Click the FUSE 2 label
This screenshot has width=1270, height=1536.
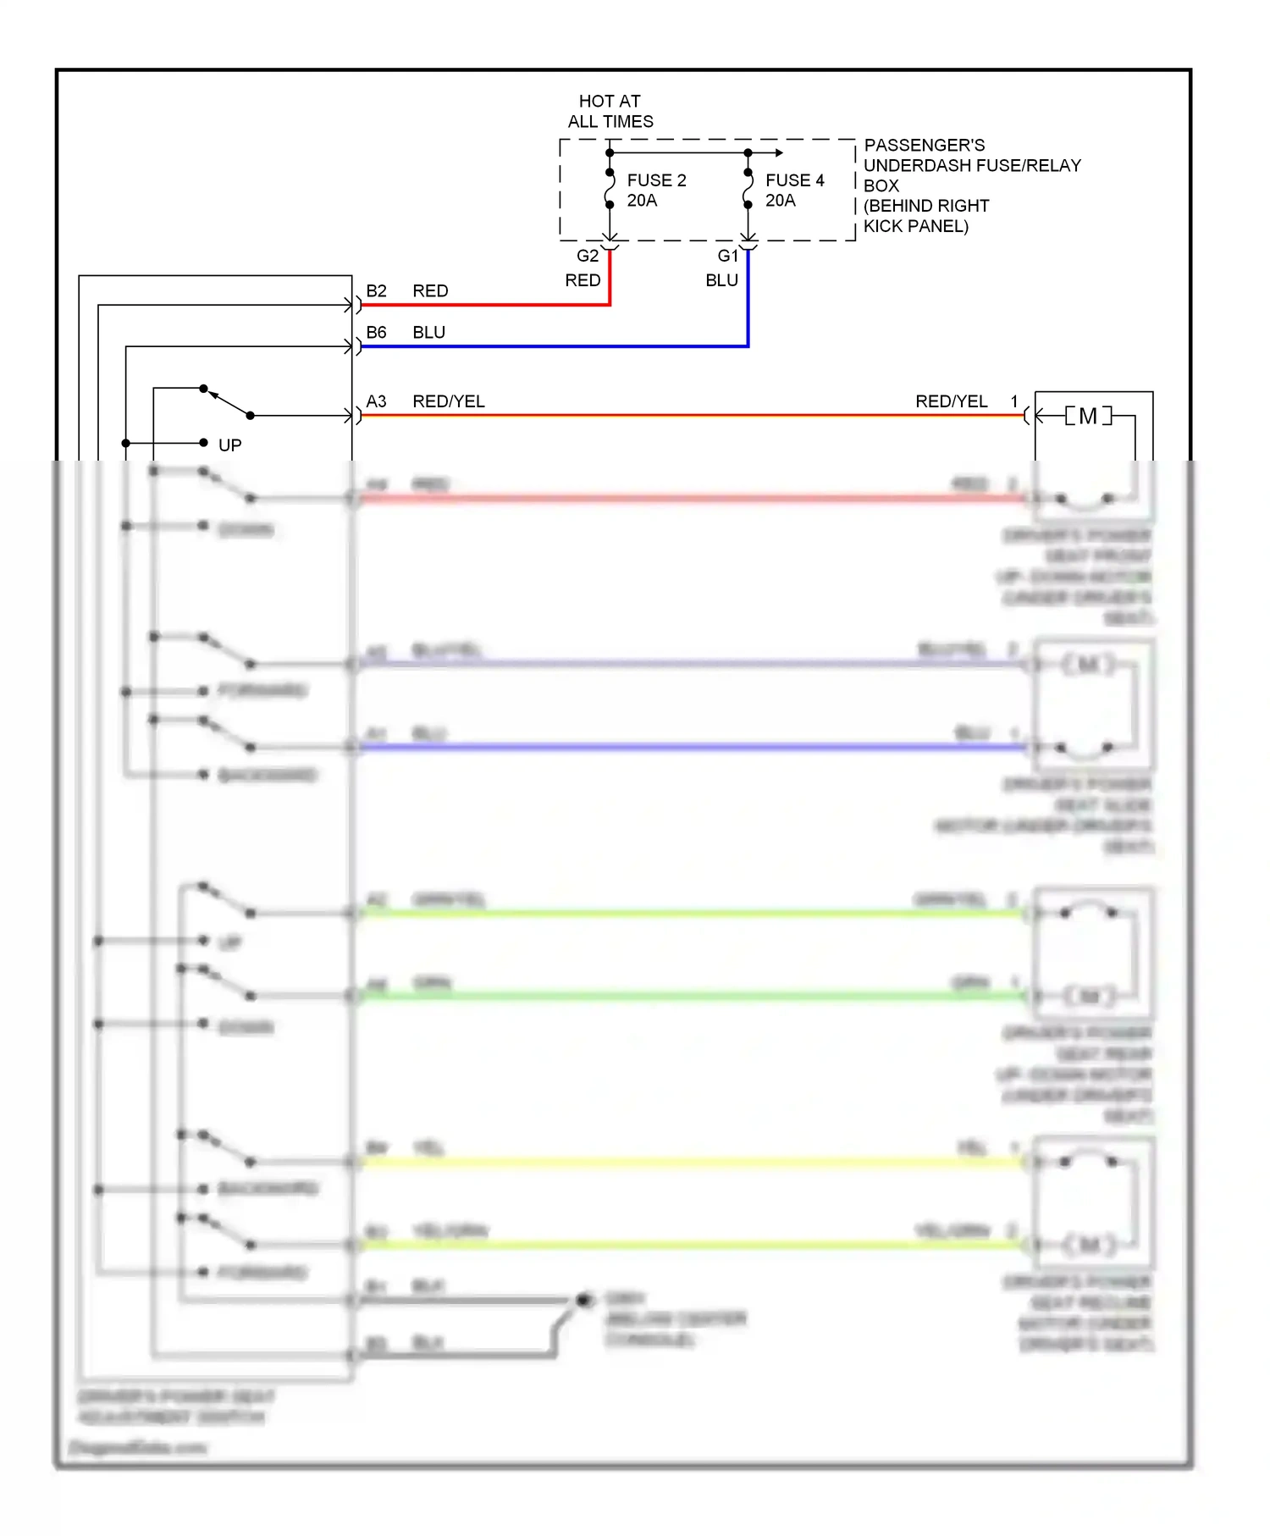tap(656, 180)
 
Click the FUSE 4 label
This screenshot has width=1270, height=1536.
tap(794, 180)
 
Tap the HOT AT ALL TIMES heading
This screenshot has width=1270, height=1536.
tap(610, 111)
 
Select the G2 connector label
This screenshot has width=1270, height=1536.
tap(588, 256)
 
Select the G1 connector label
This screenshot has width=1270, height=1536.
tap(728, 256)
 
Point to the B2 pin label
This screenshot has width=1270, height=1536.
tap(376, 290)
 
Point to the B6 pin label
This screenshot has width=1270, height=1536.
tap(376, 332)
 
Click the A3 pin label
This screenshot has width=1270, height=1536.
tap(376, 401)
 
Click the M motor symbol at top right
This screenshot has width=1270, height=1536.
tap(1088, 416)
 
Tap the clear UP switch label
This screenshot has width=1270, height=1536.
tap(229, 445)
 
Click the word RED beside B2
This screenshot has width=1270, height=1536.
tap(430, 290)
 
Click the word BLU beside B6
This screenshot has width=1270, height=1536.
tap(428, 332)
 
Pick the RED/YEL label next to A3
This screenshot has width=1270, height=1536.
tap(449, 401)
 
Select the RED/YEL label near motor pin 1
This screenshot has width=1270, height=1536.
tap(951, 401)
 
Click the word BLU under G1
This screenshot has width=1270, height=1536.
tap(721, 280)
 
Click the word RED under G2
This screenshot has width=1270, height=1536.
tap(583, 280)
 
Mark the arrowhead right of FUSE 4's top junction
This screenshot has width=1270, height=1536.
tap(779, 153)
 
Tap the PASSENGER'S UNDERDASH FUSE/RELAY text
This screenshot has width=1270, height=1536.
tap(972, 156)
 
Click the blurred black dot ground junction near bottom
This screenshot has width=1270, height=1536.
tap(583, 1300)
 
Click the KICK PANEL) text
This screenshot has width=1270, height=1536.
tap(915, 226)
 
